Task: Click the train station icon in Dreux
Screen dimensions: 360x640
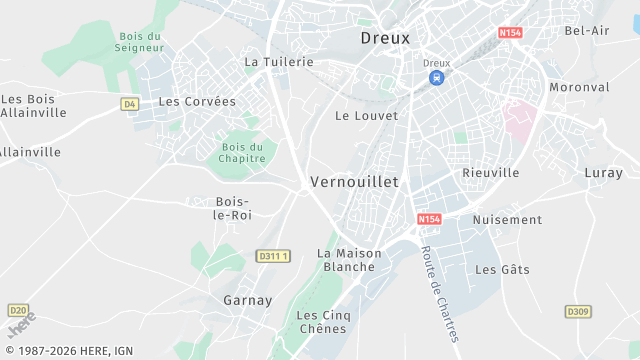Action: click(436, 77)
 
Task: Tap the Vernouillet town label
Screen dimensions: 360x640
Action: click(354, 182)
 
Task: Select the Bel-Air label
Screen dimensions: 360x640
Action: click(587, 31)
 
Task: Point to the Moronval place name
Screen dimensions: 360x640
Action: click(579, 87)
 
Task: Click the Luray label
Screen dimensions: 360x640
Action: click(603, 173)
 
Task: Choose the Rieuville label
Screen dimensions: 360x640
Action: click(490, 173)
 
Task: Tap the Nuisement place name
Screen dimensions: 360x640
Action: click(507, 220)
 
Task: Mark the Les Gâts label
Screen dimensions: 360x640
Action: click(502, 270)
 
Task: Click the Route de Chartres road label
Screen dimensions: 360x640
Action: click(439, 293)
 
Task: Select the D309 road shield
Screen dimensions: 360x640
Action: click(578, 312)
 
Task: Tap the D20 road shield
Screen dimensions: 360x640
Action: click(18, 310)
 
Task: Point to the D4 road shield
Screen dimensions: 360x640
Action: click(129, 103)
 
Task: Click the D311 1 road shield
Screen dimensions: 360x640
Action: click(273, 256)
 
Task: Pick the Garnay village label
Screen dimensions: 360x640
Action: click(247, 300)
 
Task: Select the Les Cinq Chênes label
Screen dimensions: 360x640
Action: click(321, 322)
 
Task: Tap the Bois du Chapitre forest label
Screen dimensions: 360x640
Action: click(243, 152)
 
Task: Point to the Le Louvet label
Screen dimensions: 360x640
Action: click(366, 116)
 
